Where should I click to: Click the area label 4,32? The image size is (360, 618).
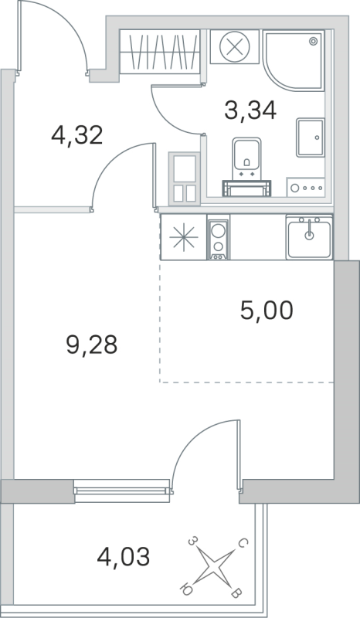click(76, 136)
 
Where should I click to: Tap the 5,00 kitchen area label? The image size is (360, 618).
click(267, 311)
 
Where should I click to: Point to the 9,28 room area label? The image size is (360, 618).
click(91, 345)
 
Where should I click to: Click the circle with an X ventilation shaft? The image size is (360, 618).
click(233, 47)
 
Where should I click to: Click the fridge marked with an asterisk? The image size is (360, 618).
click(183, 237)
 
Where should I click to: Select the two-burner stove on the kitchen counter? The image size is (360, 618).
click(219, 237)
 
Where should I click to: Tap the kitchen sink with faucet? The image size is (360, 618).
click(310, 236)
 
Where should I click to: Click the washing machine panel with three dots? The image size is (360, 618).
click(307, 186)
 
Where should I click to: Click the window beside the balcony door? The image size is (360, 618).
click(121, 488)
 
